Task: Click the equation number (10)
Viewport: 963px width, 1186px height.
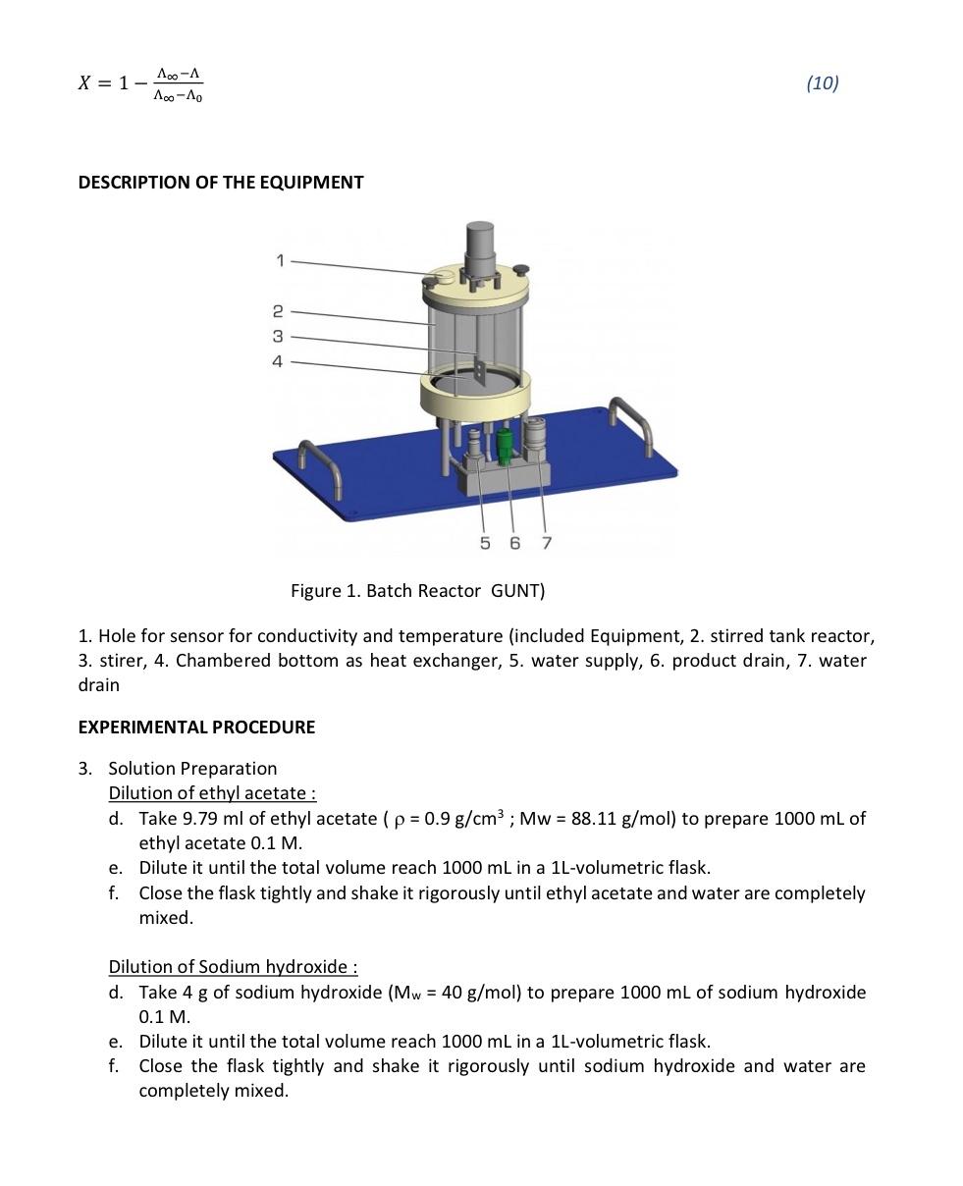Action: (822, 83)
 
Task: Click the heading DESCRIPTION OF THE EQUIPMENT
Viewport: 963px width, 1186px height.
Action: (221, 183)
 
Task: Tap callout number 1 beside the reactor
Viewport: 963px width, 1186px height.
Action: (280, 260)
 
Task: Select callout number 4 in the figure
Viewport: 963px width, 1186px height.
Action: (278, 361)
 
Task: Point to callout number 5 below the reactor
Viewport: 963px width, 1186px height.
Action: (485, 543)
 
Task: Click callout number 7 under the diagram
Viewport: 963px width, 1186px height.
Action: (547, 543)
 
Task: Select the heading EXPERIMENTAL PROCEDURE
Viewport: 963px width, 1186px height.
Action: (196, 728)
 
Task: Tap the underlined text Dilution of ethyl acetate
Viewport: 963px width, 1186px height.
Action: (212, 793)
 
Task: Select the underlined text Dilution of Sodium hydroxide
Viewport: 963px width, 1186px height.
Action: (233, 967)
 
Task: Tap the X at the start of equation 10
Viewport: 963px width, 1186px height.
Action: (85, 83)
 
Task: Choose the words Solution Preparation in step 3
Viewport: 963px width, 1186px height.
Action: (192, 769)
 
